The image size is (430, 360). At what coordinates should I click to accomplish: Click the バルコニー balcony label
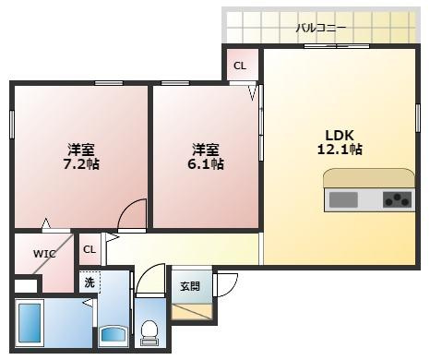[x=321, y=28]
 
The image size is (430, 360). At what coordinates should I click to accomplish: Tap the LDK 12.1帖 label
[x=340, y=142]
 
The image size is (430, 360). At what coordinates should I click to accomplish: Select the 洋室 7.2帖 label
[x=81, y=156]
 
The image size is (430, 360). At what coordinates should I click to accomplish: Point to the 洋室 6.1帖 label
[x=206, y=156]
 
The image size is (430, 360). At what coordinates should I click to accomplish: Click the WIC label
[x=44, y=254]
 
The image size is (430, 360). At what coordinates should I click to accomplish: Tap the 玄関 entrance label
[x=190, y=286]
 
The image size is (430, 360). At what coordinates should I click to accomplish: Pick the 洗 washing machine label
[x=90, y=282]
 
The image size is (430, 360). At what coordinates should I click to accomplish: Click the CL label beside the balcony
[x=240, y=66]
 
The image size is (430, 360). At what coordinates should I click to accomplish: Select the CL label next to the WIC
[x=90, y=249]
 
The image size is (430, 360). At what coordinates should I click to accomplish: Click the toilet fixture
[x=149, y=333]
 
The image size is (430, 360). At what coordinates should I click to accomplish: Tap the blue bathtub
[x=30, y=323]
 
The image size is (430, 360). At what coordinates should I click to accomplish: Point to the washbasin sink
[x=113, y=335]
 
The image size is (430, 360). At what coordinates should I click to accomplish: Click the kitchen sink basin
[x=343, y=200]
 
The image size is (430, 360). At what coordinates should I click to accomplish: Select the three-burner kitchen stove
[x=398, y=199]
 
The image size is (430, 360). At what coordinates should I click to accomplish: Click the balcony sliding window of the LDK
[x=337, y=46]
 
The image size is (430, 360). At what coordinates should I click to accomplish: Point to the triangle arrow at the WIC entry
[x=46, y=223]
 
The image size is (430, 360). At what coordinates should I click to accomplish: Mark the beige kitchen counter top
[x=369, y=177]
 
